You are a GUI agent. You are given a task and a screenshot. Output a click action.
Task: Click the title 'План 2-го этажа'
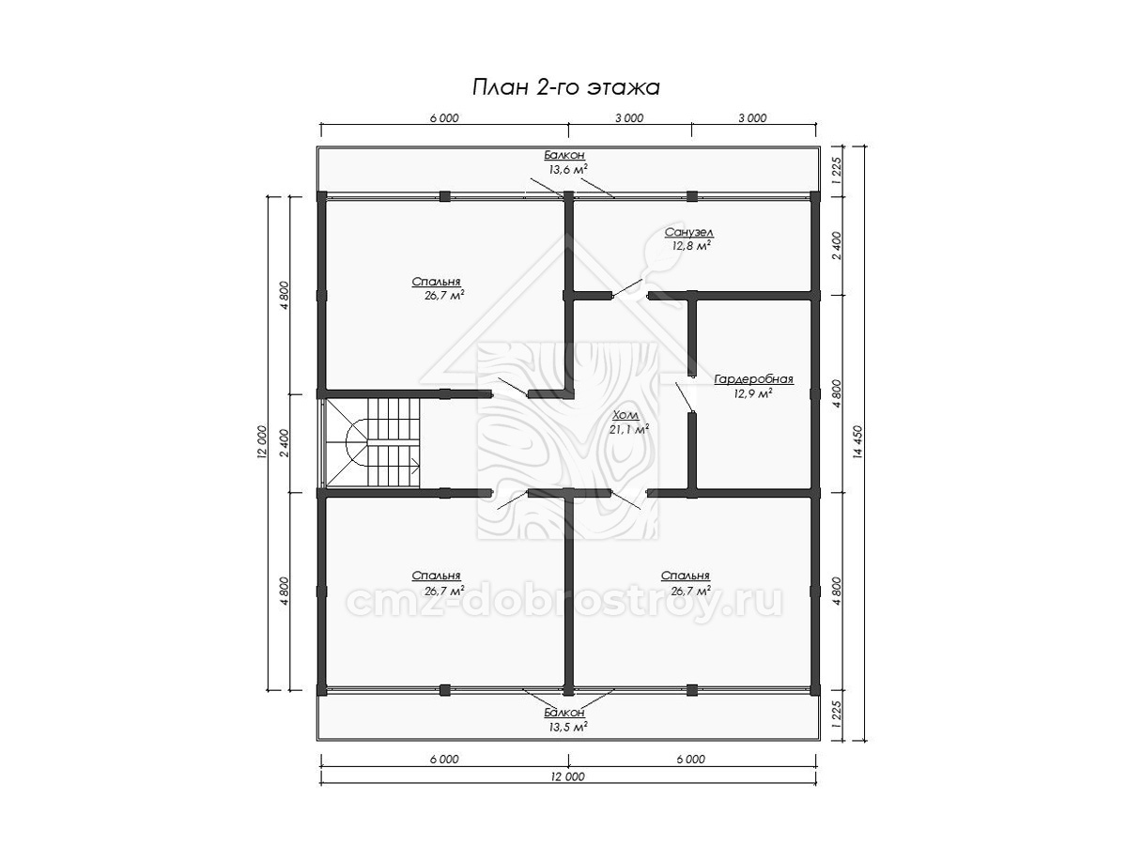click(x=565, y=87)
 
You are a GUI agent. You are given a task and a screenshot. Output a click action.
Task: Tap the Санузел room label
click(x=688, y=232)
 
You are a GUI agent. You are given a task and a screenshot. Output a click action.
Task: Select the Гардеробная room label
click(x=753, y=379)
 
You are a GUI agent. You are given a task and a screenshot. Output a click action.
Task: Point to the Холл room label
click(x=625, y=415)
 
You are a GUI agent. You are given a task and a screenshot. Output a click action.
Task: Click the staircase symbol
click(x=373, y=443)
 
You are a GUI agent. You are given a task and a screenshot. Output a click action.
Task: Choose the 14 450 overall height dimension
click(x=859, y=442)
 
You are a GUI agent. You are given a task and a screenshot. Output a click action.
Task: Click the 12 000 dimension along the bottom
click(x=568, y=776)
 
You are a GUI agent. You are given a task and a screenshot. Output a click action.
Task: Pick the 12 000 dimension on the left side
click(x=263, y=441)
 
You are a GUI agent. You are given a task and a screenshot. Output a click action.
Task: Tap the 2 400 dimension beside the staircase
click(x=286, y=443)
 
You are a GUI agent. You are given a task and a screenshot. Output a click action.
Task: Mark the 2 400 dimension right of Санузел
click(x=837, y=246)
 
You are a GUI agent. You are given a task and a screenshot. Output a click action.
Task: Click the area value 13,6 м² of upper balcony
click(x=568, y=169)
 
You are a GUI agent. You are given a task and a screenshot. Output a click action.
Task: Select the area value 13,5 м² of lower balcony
click(x=568, y=727)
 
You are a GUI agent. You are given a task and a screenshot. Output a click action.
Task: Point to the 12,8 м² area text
click(x=691, y=245)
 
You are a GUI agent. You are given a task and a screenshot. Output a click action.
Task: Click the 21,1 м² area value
click(x=629, y=429)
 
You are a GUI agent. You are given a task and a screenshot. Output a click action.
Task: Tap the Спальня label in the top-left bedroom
click(x=436, y=282)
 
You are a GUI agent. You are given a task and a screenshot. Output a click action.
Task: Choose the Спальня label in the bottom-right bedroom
click(x=686, y=576)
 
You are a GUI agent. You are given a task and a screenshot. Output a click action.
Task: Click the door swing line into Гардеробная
click(x=684, y=396)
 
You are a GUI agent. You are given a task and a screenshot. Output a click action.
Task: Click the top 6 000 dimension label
click(x=444, y=118)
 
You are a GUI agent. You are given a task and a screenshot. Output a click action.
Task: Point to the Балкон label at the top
click(x=564, y=155)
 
